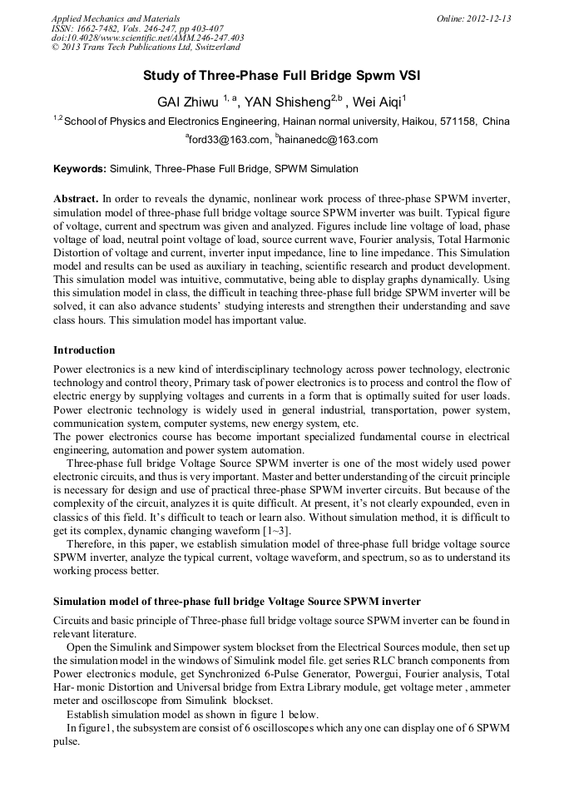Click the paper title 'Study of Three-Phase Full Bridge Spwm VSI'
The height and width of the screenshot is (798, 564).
(281, 76)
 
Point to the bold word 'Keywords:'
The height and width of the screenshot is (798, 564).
(80, 169)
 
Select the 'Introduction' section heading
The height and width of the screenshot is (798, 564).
(84, 349)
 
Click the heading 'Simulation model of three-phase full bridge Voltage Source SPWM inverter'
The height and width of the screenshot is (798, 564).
(237, 601)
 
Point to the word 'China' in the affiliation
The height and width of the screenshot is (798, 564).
(496, 121)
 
